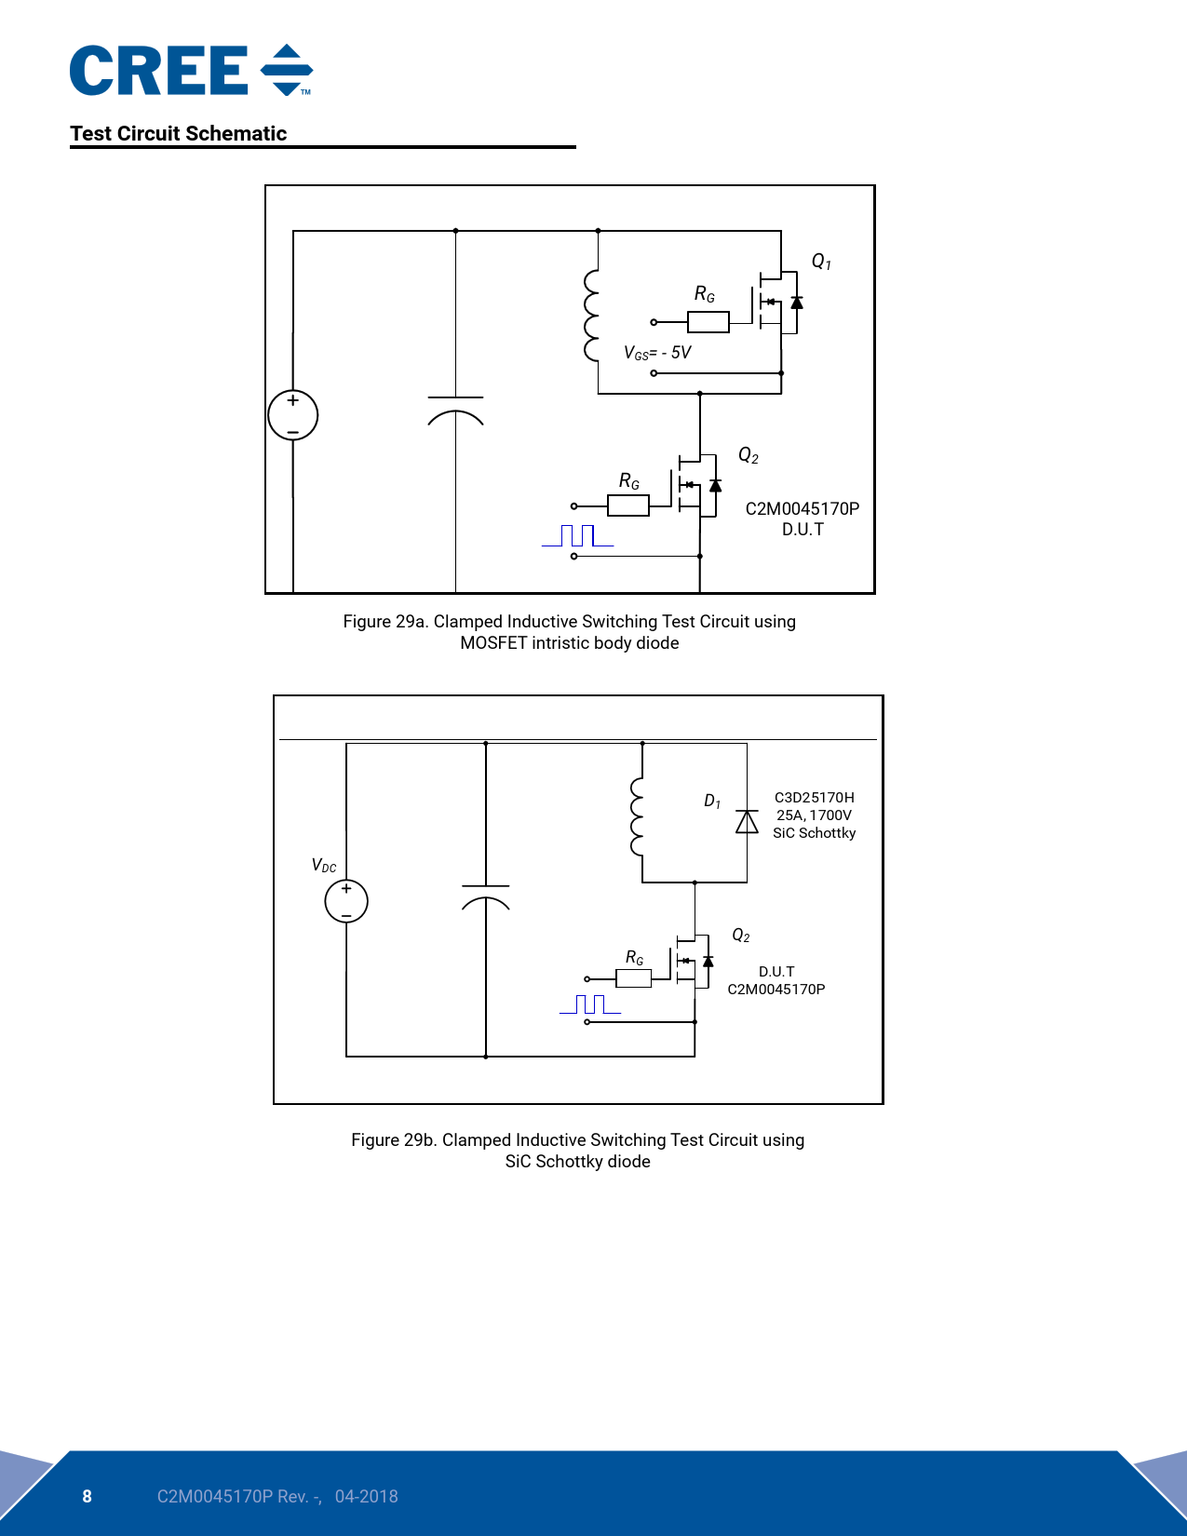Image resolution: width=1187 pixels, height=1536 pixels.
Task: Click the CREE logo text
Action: click(x=158, y=71)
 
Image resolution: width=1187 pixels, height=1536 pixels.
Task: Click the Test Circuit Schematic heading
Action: click(x=178, y=133)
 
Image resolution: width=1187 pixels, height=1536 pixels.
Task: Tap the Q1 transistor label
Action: click(x=821, y=262)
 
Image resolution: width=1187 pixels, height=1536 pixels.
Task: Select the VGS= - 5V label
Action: click(x=657, y=353)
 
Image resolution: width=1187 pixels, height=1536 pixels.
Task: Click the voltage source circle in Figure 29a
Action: click(x=292, y=415)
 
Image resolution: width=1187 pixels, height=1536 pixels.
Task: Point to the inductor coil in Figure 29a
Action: click(x=591, y=315)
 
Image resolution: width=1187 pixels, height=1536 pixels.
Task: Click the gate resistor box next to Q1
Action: click(x=708, y=322)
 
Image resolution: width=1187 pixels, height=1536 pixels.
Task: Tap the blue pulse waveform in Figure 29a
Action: click(x=578, y=535)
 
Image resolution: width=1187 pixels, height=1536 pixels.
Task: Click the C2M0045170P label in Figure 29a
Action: click(x=802, y=508)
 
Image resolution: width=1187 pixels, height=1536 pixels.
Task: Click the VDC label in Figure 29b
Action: click(x=324, y=866)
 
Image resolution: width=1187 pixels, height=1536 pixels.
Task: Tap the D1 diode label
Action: click(x=712, y=802)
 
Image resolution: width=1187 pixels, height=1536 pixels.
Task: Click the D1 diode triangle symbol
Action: click(x=747, y=822)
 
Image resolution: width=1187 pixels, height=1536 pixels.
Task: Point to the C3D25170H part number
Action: click(x=814, y=798)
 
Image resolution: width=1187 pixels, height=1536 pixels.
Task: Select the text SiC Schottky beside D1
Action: click(x=814, y=833)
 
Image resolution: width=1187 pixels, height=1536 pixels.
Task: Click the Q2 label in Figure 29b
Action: click(x=741, y=936)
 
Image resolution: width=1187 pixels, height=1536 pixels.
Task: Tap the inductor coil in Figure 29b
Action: click(x=638, y=816)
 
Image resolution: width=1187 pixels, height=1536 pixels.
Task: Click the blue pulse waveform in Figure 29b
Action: click(x=590, y=1004)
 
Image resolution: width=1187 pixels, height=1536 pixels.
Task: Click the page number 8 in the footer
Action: click(x=88, y=1496)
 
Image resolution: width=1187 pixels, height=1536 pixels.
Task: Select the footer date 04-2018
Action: click(x=366, y=1496)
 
